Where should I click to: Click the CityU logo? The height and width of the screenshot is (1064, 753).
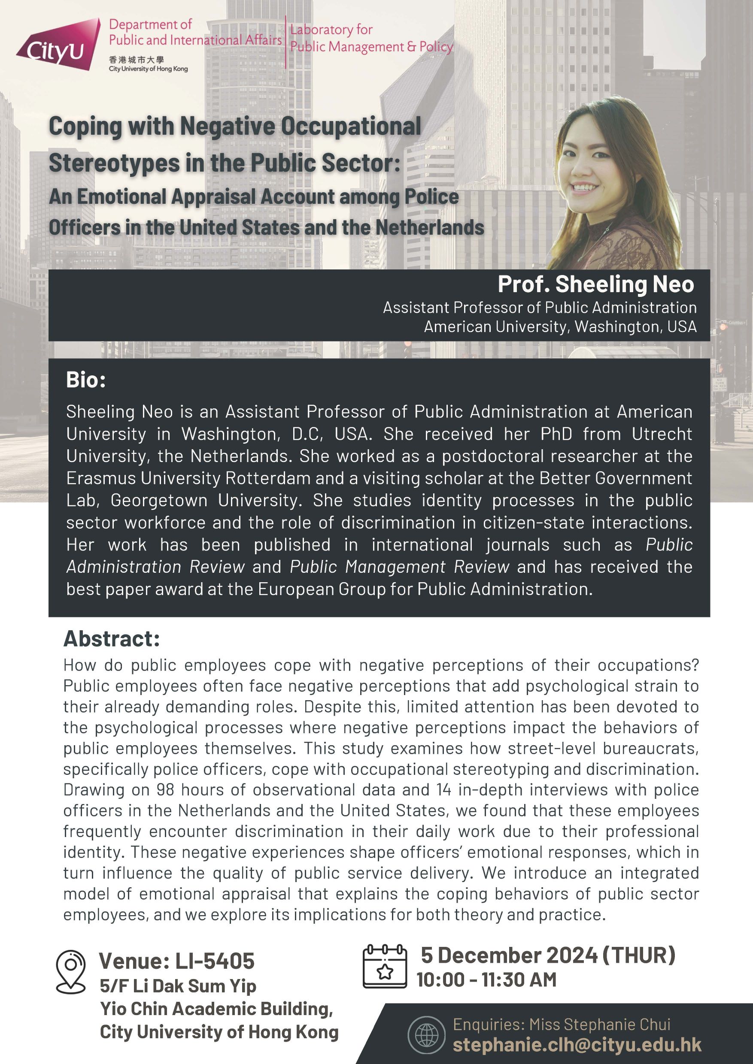click(58, 45)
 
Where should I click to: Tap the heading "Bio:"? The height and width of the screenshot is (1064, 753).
click(86, 380)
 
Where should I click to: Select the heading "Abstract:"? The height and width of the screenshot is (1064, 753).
click(112, 638)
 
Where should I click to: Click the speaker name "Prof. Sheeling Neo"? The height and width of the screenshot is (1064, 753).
click(595, 284)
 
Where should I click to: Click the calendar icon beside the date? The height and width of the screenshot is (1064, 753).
click(384, 966)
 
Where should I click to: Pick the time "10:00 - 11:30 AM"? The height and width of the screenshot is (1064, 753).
click(486, 979)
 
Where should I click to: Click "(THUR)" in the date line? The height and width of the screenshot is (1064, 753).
click(638, 955)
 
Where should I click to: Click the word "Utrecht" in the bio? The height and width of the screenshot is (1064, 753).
click(662, 434)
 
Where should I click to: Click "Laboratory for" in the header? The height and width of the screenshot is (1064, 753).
click(331, 30)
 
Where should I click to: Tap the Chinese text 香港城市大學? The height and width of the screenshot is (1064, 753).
click(137, 60)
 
